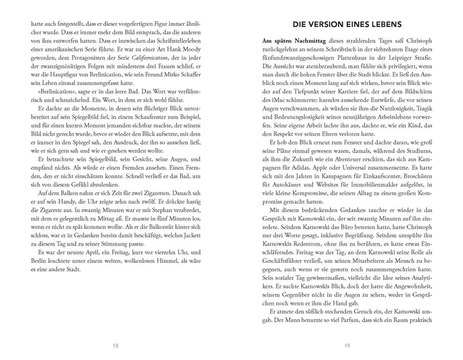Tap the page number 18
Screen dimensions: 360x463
(x=114, y=345)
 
